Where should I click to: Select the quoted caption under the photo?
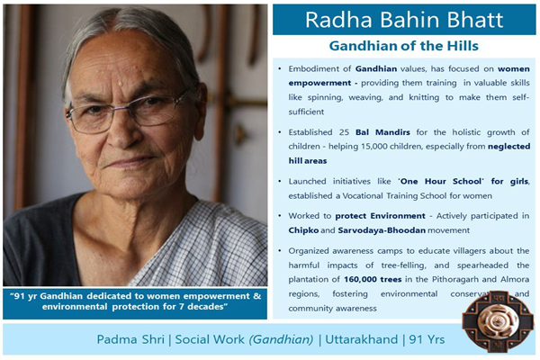click(136, 301)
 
